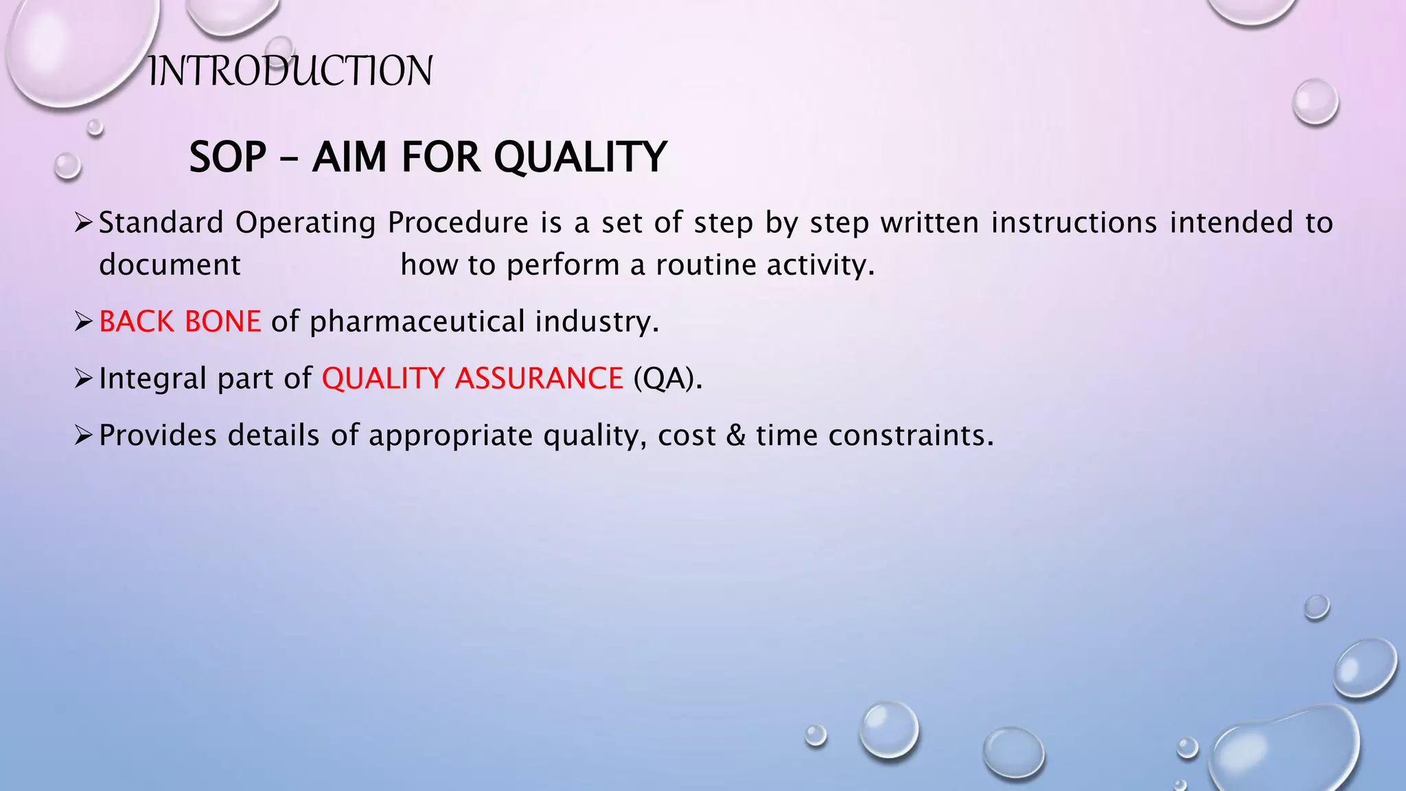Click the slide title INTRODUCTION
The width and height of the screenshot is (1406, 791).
(x=290, y=71)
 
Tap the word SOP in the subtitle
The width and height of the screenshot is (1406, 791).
(x=228, y=157)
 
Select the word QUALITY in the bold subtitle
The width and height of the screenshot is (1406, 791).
(x=580, y=157)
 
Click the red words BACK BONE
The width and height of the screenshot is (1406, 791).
(x=180, y=321)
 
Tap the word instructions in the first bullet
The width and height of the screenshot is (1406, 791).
(x=1074, y=222)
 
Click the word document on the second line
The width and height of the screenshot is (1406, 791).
(x=170, y=265)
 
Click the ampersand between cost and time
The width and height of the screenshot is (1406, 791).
(x=735, y=435)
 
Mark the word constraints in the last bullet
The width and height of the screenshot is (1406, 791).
(x=911, y=435)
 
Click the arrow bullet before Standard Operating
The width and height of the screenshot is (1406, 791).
(x=83, y=222)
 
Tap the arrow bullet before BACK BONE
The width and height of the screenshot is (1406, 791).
(x=83, y=321)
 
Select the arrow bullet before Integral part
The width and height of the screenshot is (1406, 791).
(x=83, y=378)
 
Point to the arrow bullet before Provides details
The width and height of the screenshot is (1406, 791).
(x=83, y=435)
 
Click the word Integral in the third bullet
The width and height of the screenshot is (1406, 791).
(x=152, y=378)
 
